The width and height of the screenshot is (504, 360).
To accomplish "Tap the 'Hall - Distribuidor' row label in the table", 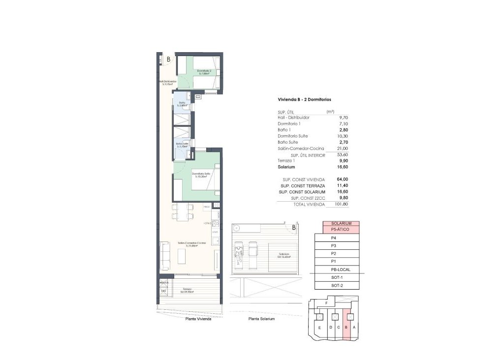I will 293,118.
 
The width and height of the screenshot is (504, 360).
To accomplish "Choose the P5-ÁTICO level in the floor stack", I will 341,229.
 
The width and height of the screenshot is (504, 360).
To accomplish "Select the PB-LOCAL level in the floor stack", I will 341,270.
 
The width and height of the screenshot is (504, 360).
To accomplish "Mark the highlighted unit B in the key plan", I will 346,327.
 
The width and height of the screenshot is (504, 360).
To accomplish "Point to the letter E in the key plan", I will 320,328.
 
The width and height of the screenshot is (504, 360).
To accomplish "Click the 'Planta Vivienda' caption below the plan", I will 198,319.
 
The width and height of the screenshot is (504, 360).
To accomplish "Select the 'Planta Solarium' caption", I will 262,319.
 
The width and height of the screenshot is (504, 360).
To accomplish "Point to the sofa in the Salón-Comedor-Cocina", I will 165,255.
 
